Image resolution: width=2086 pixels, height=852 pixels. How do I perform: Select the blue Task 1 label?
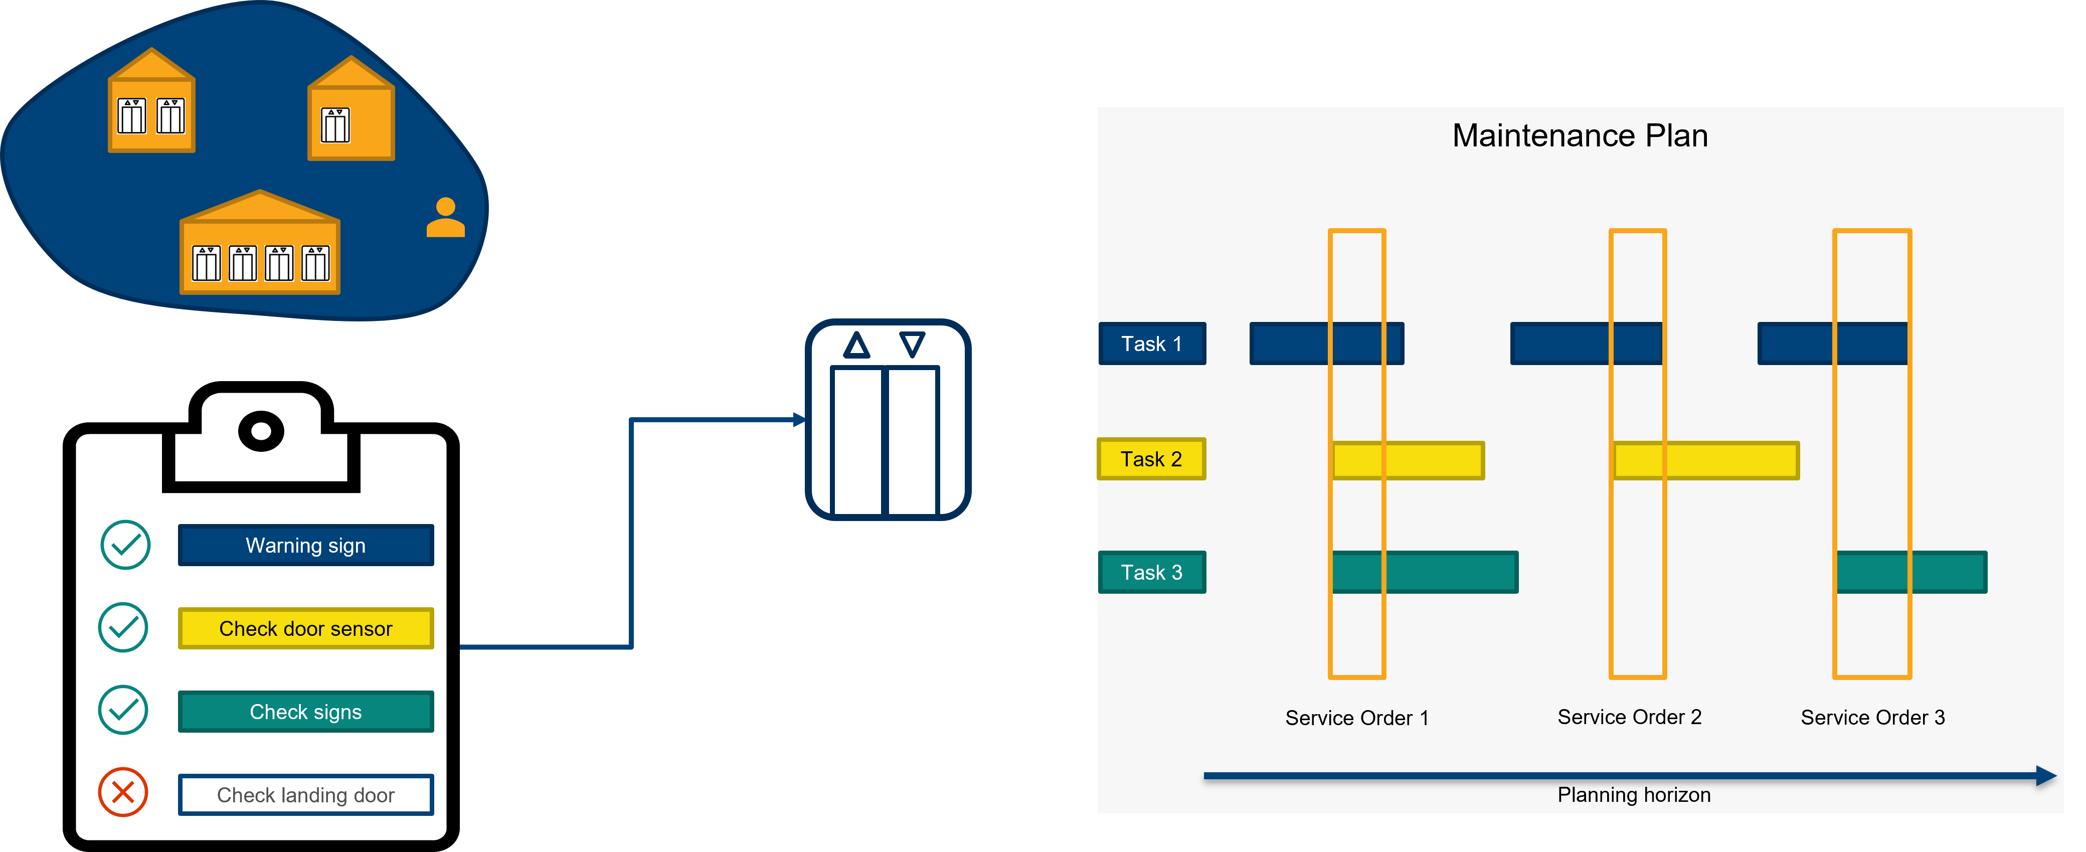point(1151,344)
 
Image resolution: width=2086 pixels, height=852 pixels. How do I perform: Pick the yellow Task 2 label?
point(1151,459)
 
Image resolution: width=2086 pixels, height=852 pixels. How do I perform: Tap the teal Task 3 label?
point(1151,573)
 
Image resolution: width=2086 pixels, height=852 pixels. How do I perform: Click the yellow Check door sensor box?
point(306,628)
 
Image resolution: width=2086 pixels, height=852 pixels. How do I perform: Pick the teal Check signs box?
point(306,712)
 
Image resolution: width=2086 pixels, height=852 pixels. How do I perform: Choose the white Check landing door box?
point(306,795)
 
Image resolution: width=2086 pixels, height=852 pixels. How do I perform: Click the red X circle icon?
point(123,792)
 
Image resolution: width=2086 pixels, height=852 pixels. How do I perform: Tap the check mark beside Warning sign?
point(125,545)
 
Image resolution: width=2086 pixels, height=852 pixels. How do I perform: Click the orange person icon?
point(445,217)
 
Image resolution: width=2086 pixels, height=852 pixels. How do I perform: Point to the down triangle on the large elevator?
point(913,344)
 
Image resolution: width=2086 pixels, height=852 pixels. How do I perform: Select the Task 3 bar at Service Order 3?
point(1911,573)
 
